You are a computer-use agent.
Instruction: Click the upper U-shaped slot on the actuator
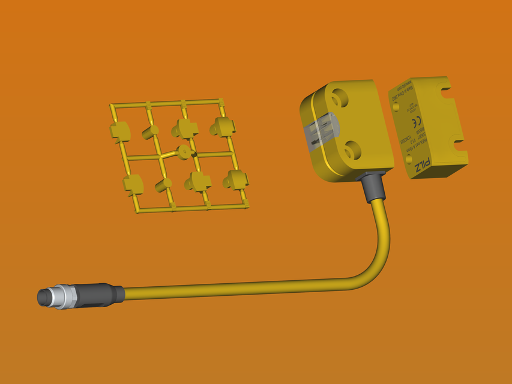(x=447, y=92)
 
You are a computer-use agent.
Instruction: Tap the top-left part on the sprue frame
(x=121, y=131)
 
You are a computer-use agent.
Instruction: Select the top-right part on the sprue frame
(x=223, y=126)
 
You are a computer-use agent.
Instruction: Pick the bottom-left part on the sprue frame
(x=133, y=184)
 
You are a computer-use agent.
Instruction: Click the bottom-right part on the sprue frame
(x=236, y=179)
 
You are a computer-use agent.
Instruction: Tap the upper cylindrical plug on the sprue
(x=150, y=132)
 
